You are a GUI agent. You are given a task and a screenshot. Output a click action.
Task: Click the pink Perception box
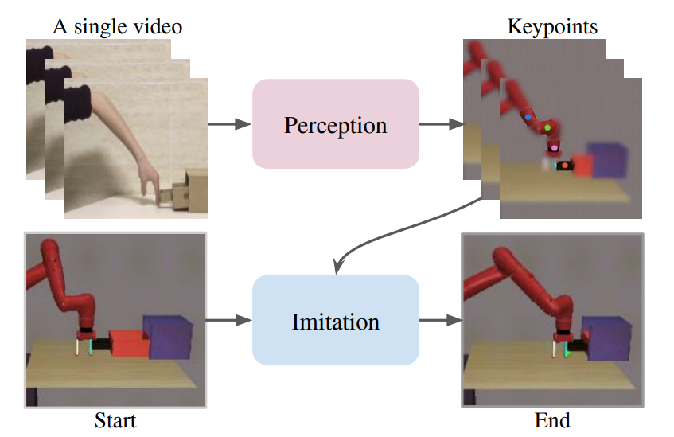[335, 124]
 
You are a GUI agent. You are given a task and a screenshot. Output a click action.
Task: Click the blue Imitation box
[335, 321]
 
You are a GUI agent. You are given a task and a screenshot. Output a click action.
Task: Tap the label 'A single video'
[118, 26]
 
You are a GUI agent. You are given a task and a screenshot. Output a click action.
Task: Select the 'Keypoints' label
[552, 26]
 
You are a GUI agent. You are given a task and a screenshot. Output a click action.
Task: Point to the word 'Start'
[115, 420]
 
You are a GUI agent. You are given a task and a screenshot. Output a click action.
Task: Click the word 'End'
[552, 420]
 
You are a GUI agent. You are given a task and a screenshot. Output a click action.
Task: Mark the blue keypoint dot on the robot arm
[528, 117]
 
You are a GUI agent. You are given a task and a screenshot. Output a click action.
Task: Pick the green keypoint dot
[547, 127]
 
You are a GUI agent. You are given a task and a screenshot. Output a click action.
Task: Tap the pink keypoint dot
[555, 148]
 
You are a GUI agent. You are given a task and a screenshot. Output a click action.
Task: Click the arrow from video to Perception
[230, 124]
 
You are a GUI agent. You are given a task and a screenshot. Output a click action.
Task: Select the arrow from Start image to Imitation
[228, 321]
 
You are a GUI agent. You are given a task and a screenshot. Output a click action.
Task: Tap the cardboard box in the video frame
[191, 191]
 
